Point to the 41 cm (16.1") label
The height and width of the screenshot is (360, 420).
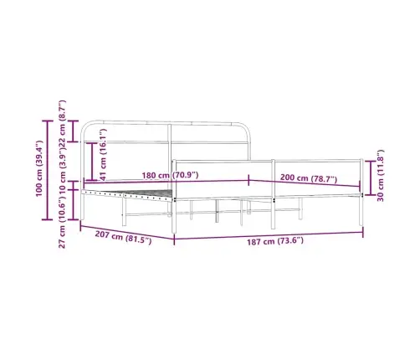(x=103, y=154)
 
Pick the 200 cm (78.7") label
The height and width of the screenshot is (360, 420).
(x=308, y=178)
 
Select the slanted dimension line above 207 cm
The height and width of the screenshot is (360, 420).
(x=125, y=231)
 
